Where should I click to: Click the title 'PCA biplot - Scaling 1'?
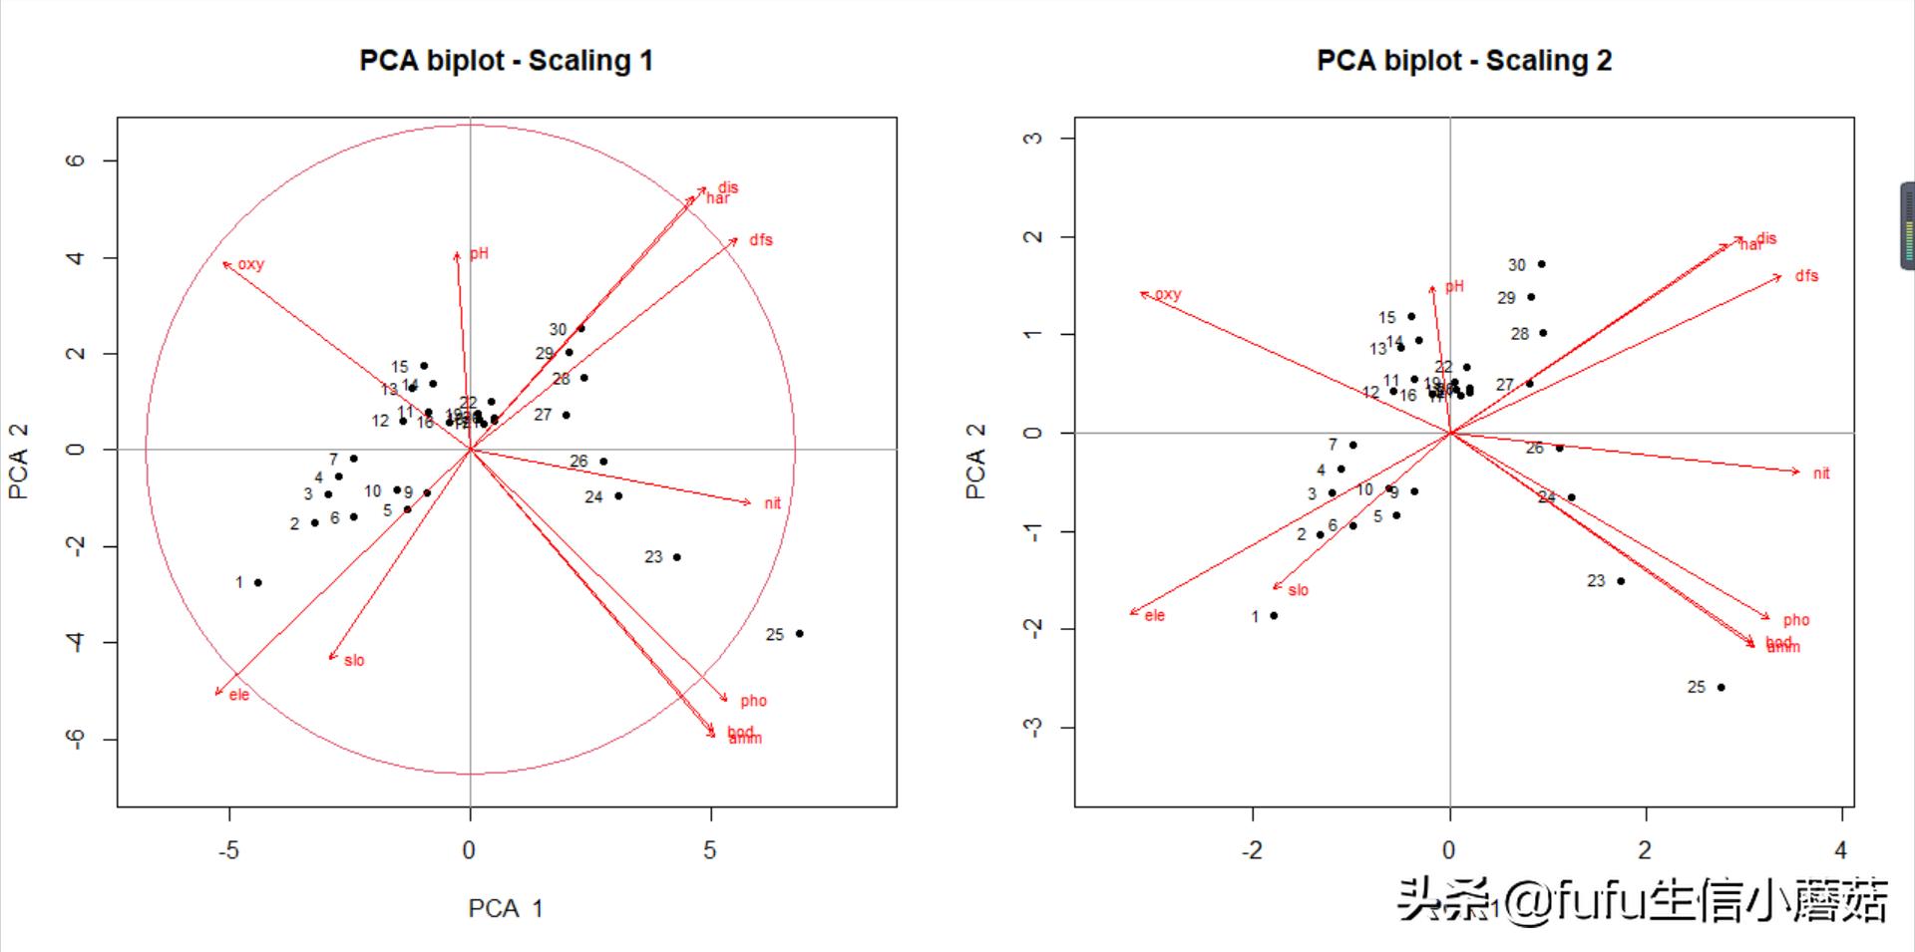(506, 61)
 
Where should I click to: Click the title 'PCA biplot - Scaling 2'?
(1463, 61)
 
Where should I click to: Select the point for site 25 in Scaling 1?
(799, 634)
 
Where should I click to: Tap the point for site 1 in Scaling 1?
(258, 582)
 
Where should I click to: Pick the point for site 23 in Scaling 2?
(1621, 581)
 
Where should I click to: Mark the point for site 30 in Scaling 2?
(1542, 264)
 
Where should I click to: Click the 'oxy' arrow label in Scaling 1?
(251, 264)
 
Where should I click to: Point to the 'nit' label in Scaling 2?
(1821, 474)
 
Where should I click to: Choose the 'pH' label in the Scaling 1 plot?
(480, 253)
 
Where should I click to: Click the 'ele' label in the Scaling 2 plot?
(1154, 616)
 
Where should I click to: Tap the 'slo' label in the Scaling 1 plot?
(354, 661)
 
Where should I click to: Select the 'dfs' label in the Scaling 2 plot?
(1806, 276)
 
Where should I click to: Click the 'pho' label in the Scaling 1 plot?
(753, 701)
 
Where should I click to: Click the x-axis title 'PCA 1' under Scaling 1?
(506, 908)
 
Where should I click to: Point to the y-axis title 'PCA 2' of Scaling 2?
(975, 461)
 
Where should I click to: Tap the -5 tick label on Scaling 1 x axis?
(229, 850)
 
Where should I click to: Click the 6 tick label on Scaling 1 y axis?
(77, 160)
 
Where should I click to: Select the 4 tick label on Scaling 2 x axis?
(1841, 850)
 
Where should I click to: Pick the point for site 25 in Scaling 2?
(1722, 687)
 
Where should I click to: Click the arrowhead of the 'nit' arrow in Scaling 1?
(750, 503)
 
